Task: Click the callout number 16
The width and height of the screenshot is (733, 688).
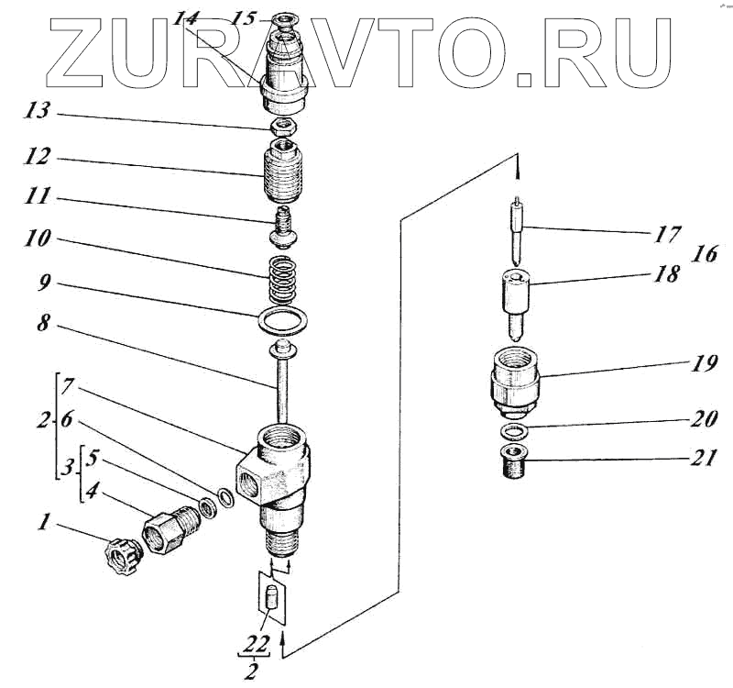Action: tap(705, 254)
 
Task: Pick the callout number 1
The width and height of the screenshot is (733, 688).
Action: tap(42, 525)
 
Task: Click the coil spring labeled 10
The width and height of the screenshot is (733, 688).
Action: tap(284, 277)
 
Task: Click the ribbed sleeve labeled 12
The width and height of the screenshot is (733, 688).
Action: tap(282, 172)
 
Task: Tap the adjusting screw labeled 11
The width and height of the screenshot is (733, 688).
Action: tap(282, 226)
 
